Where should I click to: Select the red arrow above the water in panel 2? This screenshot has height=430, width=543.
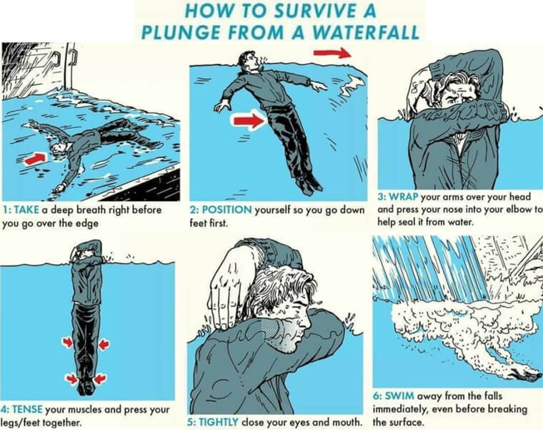(332, 53)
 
